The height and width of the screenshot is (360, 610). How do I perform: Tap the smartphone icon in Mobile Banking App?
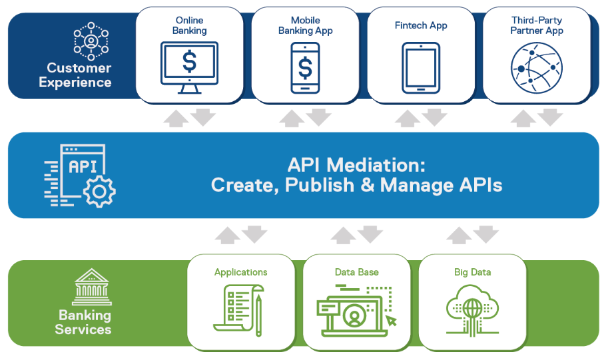pyautogui.click(x=306, y=68)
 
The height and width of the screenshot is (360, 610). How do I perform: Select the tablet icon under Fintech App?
pyautogui.click(x=421, y=68)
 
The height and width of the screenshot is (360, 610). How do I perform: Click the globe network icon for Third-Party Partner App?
pyautogui.click(x=537, y=68)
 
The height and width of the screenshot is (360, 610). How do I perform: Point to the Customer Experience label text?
pyautogui.click(x=75, y=75)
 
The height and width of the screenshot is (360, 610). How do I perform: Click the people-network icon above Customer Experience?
pyautogui.click(x=91, y=41)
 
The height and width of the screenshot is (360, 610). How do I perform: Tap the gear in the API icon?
pyautogui.click(x=99, y=191)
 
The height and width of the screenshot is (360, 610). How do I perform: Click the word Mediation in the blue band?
pyautogui.click(x=376, y=165)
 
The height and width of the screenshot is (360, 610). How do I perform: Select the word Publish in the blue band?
pyautogui.click(x=320, y=185)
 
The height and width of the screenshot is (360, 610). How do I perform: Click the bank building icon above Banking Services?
pyautogui.click(x=91, y=287)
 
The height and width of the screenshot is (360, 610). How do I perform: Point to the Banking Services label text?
pyautogui.click(x=83, y=322)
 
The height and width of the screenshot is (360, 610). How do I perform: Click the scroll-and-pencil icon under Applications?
pyautogui.click(x=238, y=310)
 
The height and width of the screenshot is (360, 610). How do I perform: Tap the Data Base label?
pyautogui.click(x=357, y=272)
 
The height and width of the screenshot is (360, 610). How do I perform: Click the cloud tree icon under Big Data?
pyautogui.click(x=472, y=310)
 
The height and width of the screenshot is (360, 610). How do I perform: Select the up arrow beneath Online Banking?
pyautogui.click(x=176, y=118)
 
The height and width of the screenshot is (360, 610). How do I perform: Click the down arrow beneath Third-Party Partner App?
pyautogui.click(x=550, y=117)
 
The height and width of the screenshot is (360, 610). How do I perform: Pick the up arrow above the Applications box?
pyautogui.click(x=228, y=236)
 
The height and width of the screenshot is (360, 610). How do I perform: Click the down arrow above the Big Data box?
pyautogui.click(x=486, y=234)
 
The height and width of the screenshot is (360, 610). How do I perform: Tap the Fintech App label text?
pyautogui.click(x=421, y=26)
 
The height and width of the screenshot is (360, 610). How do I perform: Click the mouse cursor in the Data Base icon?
pyautogui.click(x=391, y=320)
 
